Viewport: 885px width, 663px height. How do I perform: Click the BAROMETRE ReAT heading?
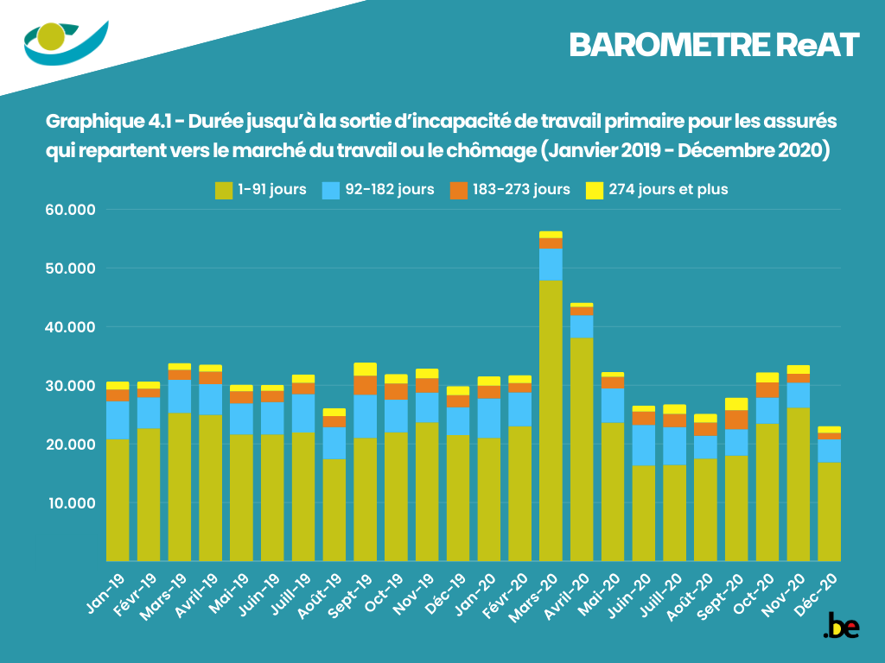tap(714, 45)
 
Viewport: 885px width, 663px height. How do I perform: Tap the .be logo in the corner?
tap(841, 627)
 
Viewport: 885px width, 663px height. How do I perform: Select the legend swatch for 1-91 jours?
tap(224, 190)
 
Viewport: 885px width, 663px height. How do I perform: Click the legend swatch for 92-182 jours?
tap(331, 190)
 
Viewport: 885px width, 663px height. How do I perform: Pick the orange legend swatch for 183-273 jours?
tap(459, 190)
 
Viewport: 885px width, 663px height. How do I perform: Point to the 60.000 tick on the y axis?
tap(75, 210)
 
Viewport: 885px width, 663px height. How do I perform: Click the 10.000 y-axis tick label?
tap(75, 503)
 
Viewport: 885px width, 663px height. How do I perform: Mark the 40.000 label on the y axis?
tap(75, 327)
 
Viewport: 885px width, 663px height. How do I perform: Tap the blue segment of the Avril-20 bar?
tap(582, 326)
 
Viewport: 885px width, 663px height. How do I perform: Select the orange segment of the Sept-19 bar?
tap(365, 385)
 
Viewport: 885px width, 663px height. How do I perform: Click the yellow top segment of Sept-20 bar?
tap(736, 404)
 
